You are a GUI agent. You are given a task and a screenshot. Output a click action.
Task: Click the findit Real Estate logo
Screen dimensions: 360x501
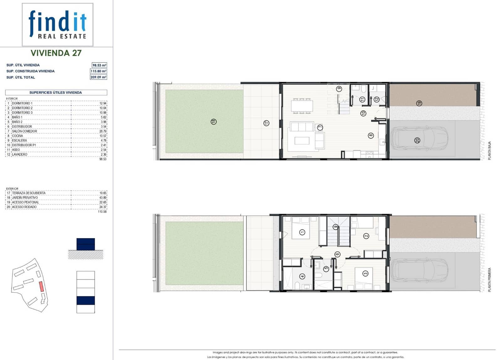58,25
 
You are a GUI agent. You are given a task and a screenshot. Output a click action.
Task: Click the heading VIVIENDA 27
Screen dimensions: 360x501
56,53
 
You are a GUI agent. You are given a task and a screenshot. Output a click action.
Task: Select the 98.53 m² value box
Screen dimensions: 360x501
99,65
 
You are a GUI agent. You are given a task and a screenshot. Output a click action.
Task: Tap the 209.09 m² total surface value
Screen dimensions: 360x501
98,77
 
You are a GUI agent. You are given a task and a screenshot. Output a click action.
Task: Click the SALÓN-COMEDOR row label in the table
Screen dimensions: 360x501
24,131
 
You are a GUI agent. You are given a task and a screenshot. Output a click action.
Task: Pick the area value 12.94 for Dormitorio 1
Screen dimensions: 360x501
103,103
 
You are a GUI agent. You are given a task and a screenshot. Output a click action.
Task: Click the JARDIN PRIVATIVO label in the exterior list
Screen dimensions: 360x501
25,198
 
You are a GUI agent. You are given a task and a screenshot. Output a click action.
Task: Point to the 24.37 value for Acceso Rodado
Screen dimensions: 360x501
103,207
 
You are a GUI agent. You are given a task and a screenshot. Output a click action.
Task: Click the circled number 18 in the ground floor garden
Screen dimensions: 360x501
214,122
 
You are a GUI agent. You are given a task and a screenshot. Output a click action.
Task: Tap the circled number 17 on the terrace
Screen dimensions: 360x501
266,123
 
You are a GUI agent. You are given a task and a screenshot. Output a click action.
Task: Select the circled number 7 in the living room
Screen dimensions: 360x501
320,128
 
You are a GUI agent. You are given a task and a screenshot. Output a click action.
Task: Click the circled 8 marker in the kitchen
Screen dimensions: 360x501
371,136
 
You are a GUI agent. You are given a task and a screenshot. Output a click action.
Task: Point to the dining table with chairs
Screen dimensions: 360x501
302,106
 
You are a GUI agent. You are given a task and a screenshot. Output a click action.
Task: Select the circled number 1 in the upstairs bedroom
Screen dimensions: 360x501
302,232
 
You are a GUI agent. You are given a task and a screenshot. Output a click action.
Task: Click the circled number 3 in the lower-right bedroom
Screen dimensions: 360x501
365,274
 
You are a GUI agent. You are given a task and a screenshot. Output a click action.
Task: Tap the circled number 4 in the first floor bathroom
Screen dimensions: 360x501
302,276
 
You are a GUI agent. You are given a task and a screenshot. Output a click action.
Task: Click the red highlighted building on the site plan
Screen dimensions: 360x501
41,286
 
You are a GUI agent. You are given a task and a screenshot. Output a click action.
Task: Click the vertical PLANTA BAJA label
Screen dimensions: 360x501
489,151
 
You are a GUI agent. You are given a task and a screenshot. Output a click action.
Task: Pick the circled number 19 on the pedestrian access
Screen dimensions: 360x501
419,103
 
